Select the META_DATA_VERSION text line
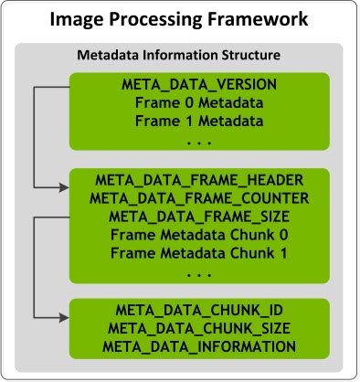pyautogui.click(x=199, y=84)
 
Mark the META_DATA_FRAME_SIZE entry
pyautogui.click(x=199, y=217)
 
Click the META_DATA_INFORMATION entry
pyautogui.click(x=199, y=346)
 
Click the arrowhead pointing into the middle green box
pyautogui.click(x=63, y=186)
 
